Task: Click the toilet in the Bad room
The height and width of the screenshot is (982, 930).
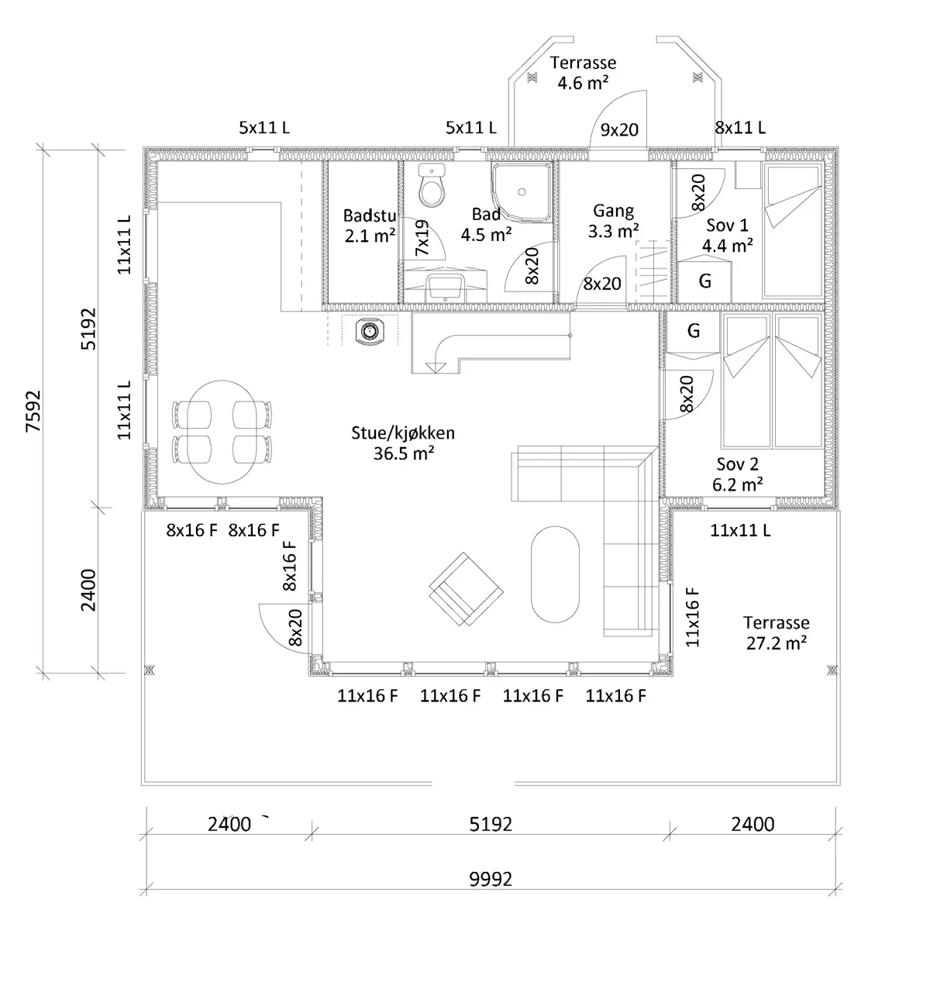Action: (x=431, y=184)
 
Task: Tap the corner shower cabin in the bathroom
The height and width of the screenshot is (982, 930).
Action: (x=522, y=191)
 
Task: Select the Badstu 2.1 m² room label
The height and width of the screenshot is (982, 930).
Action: (x=370, y=226)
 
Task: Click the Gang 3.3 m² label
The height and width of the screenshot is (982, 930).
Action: (x=613, y=221)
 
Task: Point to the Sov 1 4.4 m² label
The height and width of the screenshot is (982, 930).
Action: (x=727, y=236)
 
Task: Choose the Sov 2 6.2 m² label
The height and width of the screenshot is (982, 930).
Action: (x=737, y=474)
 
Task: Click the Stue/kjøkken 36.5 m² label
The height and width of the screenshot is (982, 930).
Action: (x=403, y=443)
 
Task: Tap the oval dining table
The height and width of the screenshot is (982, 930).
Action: (x=222, y=432)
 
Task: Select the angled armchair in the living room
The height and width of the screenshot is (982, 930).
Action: (x=466, y=589)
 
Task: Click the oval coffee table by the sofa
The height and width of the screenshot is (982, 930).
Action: (x=555, y=574)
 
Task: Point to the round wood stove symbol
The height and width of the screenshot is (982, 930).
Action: (x=370, y=332)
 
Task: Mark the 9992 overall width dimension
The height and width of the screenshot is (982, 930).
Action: (x=491, y=879)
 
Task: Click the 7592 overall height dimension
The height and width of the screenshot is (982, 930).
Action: (x=33, y=411)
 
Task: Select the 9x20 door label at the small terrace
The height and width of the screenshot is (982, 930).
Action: (x=619, y=130)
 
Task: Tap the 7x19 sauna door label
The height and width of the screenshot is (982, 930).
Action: (x=422, y=238)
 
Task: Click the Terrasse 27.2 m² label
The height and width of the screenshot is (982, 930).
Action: (x=777, y=632)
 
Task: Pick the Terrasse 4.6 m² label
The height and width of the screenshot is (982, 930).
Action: (x=583, y=72)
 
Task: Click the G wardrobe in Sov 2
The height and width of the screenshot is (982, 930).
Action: (x=694, y=332)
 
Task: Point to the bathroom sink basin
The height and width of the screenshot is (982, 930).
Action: (x=445, y=288)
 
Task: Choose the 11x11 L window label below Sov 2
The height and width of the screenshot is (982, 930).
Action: (x=740, y=530)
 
